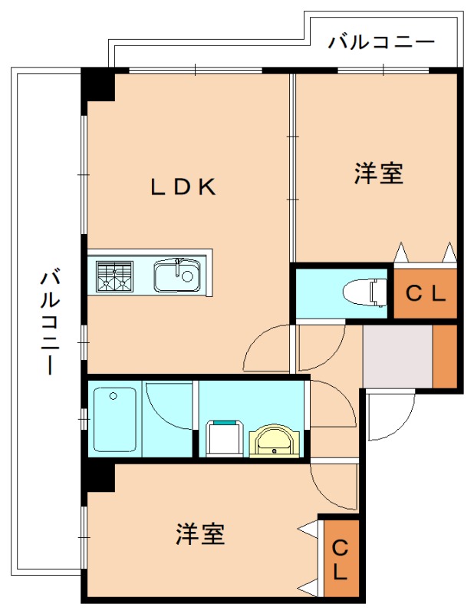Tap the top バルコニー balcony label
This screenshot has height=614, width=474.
click(x=381, y=41)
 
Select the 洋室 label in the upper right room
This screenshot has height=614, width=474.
click(x=378, y=173)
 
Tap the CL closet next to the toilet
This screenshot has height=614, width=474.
click(x=425, y=292)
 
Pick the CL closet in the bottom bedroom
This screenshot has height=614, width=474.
click(x=340, y=559)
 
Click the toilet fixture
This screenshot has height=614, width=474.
click(x=365, y=292)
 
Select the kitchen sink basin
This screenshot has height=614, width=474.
click(x=177, y=275)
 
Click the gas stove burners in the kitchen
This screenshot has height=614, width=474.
click(x=114, y=276)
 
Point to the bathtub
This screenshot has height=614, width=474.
click(x=114, y=420)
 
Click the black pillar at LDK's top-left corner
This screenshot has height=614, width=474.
click(x=98, y=84)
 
